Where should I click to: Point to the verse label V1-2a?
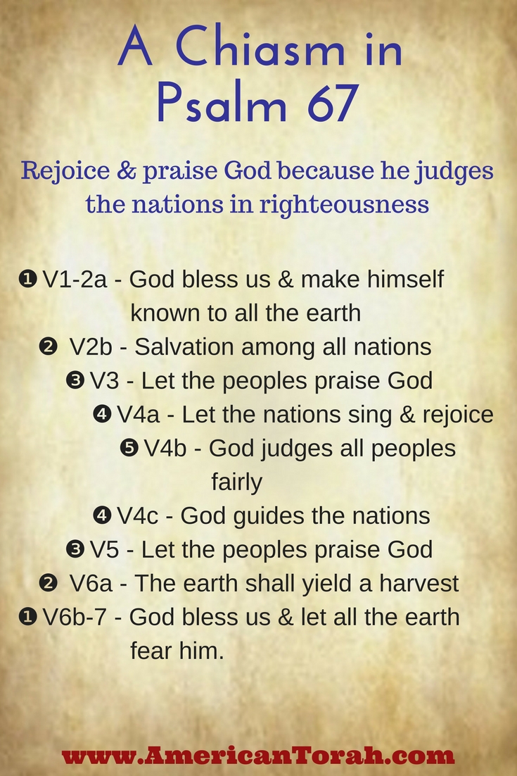[75, 280]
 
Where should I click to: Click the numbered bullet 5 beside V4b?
[129, 448]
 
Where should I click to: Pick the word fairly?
[236, 482]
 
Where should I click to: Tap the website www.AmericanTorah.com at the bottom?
[258, 756]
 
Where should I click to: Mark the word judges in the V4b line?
[299, 449]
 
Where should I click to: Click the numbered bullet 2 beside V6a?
[49, 583]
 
